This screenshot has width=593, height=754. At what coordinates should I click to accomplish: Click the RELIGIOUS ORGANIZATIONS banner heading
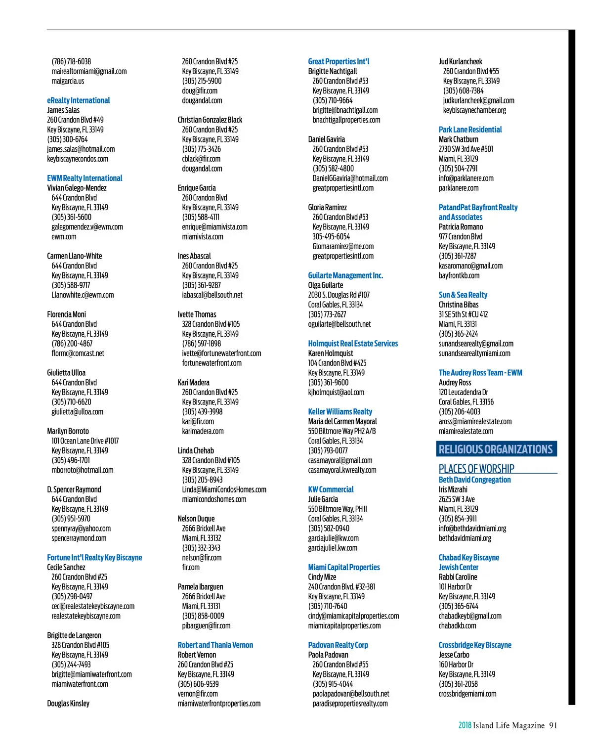pos(496,449)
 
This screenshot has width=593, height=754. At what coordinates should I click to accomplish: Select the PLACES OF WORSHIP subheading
pos(476,469)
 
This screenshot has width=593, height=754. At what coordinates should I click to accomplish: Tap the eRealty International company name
pos(79,100)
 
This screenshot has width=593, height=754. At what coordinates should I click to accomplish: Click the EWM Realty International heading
pos(85,178)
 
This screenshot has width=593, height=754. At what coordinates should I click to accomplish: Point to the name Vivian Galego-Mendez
pos(77,188)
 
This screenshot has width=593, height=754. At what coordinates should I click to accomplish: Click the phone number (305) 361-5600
pos(71,217)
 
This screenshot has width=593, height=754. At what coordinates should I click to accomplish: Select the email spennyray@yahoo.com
pos(81,529)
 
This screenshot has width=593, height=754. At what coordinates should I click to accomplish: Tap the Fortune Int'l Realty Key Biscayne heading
pos(94,558)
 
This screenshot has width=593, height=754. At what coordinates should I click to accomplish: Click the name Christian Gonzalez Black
pos(210,120)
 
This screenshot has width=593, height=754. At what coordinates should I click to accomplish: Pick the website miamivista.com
pos(203,237)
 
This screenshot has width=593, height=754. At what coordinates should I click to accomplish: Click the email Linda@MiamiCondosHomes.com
pos(224,489)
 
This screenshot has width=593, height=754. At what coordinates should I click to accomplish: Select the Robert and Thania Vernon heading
pos(215,645)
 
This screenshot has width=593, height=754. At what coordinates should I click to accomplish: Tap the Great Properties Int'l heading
pos(339,61)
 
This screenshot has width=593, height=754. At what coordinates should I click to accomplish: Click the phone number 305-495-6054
pos(331,237)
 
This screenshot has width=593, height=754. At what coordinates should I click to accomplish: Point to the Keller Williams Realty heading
pos(340,412)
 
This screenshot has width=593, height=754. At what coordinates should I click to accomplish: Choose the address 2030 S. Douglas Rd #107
pos(339,295)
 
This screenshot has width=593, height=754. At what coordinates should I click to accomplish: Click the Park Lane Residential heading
pos(470,130)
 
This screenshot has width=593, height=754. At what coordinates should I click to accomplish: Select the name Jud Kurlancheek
pos(461,61)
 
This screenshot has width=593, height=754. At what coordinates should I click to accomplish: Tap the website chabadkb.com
pos(458,626)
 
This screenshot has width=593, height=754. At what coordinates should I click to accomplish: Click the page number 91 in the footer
pos(553,726)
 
